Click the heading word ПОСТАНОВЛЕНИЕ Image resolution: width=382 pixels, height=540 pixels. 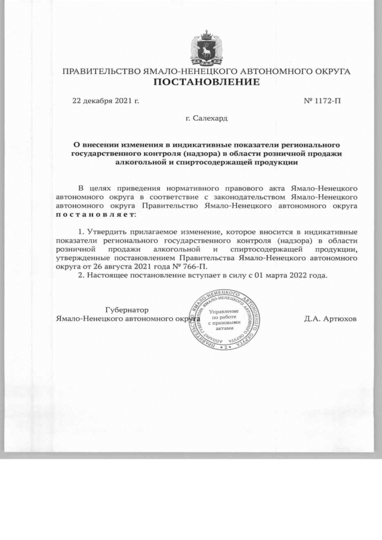coord(207,82)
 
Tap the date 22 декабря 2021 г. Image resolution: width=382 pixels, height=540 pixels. coord(106,100)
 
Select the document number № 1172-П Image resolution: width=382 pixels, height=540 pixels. coord(322,100)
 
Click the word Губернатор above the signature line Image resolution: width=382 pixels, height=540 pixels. coord(127,310)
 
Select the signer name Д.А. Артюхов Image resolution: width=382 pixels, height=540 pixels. coord(330,318)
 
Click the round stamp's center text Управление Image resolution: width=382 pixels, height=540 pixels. coord(224,311)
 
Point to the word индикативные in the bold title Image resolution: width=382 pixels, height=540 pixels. coord(199,144)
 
